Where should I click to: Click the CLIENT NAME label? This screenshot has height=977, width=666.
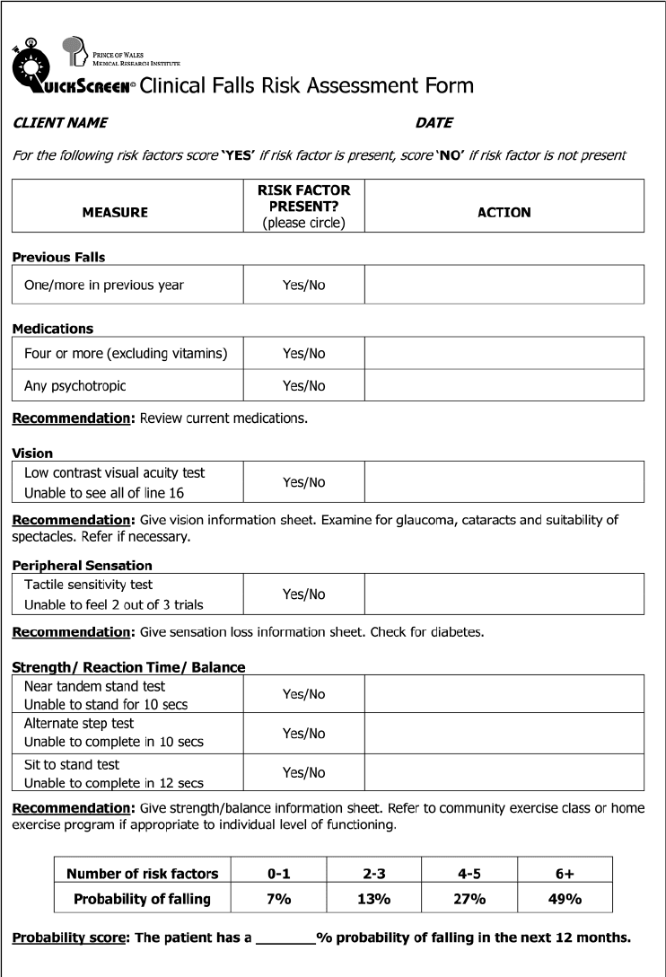(60, 122)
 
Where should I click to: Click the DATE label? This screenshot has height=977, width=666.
(434, 122)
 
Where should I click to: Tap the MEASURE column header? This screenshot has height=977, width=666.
(115, 213)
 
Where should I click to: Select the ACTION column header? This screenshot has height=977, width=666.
(504, 213)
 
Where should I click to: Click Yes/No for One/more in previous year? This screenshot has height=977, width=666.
(303, 286)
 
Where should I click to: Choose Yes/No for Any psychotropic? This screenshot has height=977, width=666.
(303, 386)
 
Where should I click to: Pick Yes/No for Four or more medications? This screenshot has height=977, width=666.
(303, 354)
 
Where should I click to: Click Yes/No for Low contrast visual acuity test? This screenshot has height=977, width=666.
(303, 482)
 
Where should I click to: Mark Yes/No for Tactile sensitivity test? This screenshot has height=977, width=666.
(303, 594)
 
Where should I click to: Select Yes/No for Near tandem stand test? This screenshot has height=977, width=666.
(303, 694)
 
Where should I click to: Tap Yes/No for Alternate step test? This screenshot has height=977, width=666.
(303, 734)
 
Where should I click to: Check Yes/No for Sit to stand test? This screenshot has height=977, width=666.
(303, 773)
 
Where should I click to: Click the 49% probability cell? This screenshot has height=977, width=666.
(565, 899)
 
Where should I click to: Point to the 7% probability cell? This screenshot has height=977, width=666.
(278, 899)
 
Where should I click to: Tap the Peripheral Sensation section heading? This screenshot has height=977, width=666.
(82, 566)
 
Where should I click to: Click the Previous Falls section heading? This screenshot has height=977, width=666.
(58, 257)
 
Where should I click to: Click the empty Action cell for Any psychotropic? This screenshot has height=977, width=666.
(504, 386)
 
